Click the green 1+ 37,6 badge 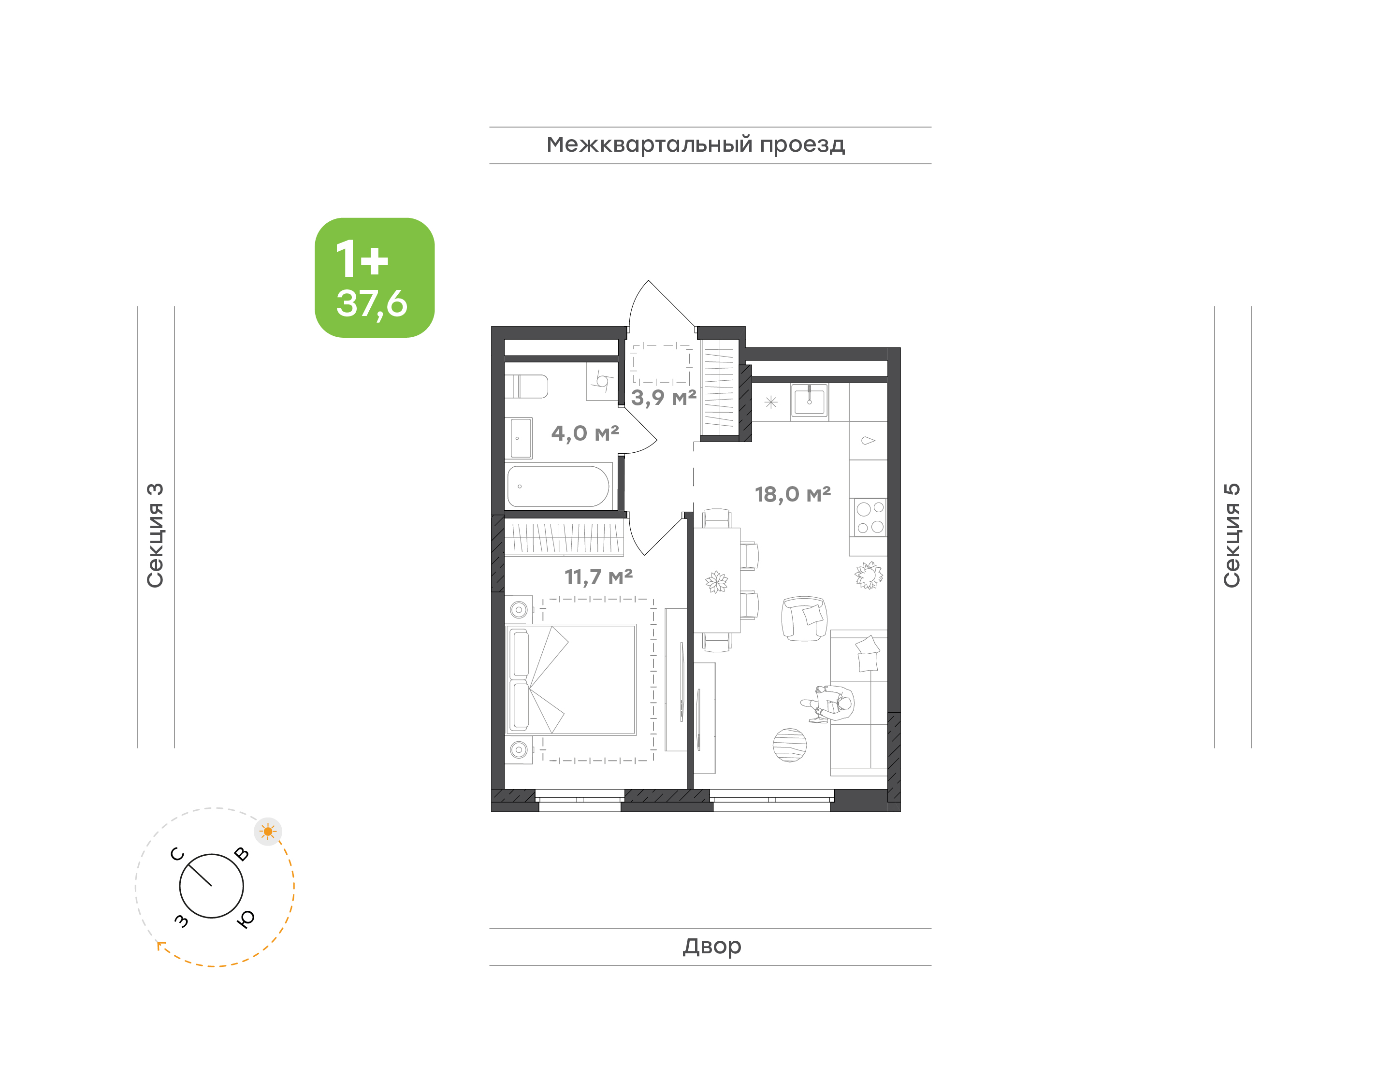[x=374, y=277]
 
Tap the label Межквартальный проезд [x=696, y=144]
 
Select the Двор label [x=711, y=946]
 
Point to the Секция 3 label [x=155, y=535]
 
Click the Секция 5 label [x=1232, y=535]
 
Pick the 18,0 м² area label [x=793, y=494]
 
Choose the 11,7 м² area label [x=598, y=577]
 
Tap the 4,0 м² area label [x=585, y=433]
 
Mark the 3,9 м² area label [x=664, y=398]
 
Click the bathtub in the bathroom [x=558, y=487]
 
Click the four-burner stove [x=870, y=518]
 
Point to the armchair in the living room [x=804, y=618]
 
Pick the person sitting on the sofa [x=828, y=704]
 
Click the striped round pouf [x=790, y=745]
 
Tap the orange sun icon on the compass [x=268, y=832]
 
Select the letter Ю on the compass [x=246, y=919]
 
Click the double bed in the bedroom [x=570, y=680]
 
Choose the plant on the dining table [x=716, y=582]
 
